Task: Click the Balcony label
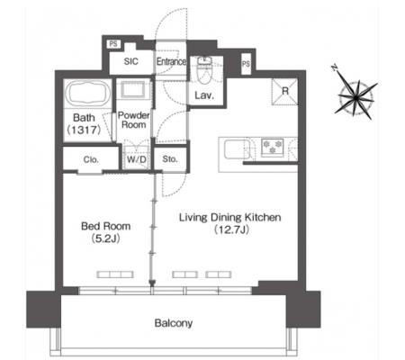pyautogui.click(x=174, y=323)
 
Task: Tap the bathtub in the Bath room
pyautogui.click(x=87, y=93)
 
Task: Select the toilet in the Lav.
pyautogui.click(x=204, y=71)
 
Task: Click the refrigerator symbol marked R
pyautogui.click(x=284, y=92)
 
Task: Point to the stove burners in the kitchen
pyautogui.click(x=273, y=148)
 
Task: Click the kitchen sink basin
pyautogui.click(x=237, y=149)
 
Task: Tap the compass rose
pyautogui.click(x=355, y=97)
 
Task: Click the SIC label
pyautogui.click(x=131, y=61)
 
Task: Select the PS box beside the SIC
pyautogui.click(x=113, y=44)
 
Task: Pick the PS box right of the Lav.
pyautogui.click(x=246, y=64)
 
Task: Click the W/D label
pyautogui.click(x=136, y=159)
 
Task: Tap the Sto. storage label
pyautogui.click(x=170, y=159)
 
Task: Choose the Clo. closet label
pyautogui.click(x=91, y=159)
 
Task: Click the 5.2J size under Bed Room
pyautogui.click(x=105, y=238)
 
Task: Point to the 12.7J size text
pyautogui.click(x=232, y=229)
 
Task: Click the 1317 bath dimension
pyautogui.click(x=84, y=130)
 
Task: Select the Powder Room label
pyautogui.click(x=134, y=120)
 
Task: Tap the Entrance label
pyautogui.click(x=171, y=62)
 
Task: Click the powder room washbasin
pyautogui.click(x=133, y=89)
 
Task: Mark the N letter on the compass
pyautogui.click(x=335, y=68)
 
